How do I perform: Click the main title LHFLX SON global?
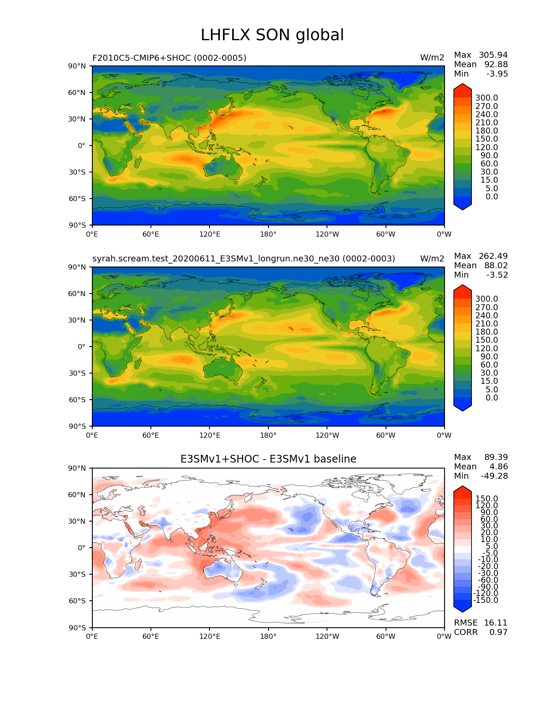272,35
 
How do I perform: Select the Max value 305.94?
493,55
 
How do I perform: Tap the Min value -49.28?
494,476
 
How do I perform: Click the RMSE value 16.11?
495,623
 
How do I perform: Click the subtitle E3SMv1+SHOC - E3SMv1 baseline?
268,459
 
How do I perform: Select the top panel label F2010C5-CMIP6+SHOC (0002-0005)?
169,58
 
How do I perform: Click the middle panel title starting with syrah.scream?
244,259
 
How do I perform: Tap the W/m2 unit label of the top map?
432,58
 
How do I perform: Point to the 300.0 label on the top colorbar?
486,98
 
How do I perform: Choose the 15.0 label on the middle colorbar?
486,381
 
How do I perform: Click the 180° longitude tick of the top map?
268,234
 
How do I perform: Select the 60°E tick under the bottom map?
151,637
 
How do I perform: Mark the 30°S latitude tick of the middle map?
77,373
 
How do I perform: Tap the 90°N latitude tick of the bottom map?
77,468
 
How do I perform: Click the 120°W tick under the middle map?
327,436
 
